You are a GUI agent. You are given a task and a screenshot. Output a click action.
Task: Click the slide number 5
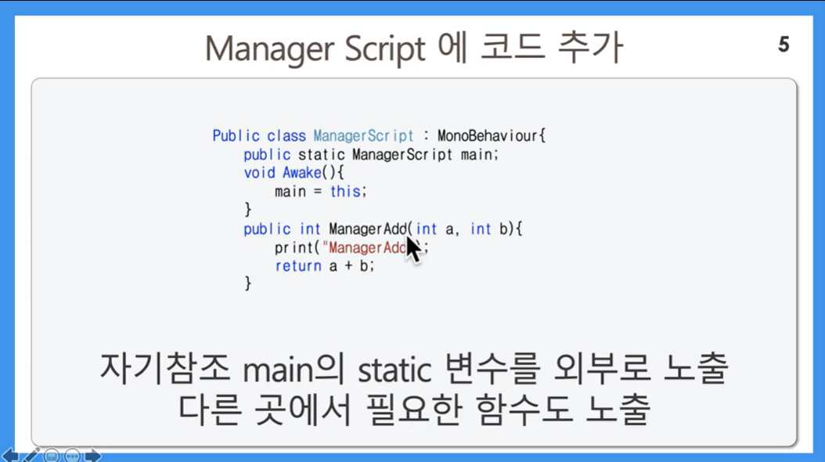pyautogui.click(x=784, y=44)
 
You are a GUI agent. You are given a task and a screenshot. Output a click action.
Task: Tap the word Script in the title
pyautogui.click(x=384, y=49)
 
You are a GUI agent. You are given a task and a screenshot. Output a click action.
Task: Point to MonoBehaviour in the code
pyautogui.click(x=487, y=135)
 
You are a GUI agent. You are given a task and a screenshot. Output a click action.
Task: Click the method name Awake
pyautogui.click(x=302, y=172)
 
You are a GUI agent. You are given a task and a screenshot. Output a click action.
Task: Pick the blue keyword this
pyautogui.click(x=345, y=191)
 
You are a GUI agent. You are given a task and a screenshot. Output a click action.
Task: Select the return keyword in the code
pyautogui.click(x=298, y=265)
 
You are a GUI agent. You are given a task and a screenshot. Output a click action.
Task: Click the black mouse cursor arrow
pyautogui.click(x=413, y=249)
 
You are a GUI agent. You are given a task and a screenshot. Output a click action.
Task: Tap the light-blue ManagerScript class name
pyautogui.click(x=363, y=135)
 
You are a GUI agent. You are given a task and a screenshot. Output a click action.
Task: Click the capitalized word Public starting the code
pyautogui.click(x=236, y=135)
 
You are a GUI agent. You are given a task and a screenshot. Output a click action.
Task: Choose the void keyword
pyautogui.click(x=259, y=172)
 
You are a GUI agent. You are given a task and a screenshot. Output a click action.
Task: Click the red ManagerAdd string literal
pyautogui.click(x=365, y=247)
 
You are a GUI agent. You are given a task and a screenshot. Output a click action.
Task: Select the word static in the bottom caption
pyautogui.click(x=394, y=370)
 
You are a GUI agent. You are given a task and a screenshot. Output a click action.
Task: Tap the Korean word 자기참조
pyautogui.click(x=164, y=368)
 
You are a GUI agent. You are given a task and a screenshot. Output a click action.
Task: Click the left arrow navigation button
pyautogui.click(x=10, y=456)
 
